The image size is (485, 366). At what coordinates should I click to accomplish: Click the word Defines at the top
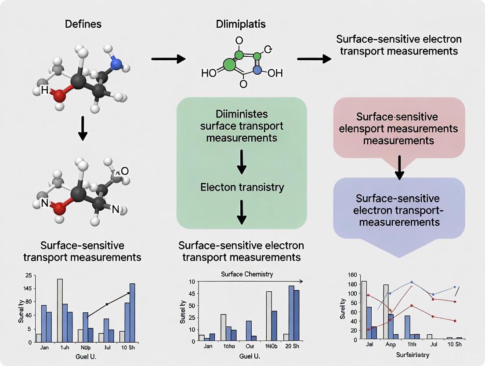pos(83,24)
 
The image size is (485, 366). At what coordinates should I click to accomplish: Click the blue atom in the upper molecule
pos(116,64)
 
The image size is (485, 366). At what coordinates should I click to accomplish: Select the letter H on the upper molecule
pos(44,90)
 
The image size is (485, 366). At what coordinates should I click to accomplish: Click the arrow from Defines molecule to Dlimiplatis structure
pos(166,59)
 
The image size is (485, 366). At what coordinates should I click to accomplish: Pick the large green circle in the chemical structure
pos(229,64)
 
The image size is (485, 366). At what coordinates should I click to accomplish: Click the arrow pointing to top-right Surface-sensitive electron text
pos(314,59)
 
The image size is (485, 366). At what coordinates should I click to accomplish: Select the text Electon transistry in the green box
pos(242,187)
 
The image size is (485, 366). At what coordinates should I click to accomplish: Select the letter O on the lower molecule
pos(125,171)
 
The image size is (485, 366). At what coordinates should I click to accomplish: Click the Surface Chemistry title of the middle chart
pos(246,274)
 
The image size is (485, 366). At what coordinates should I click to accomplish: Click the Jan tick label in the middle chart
pos(208,346)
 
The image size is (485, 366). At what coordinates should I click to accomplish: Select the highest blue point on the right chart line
pos(412,282)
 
